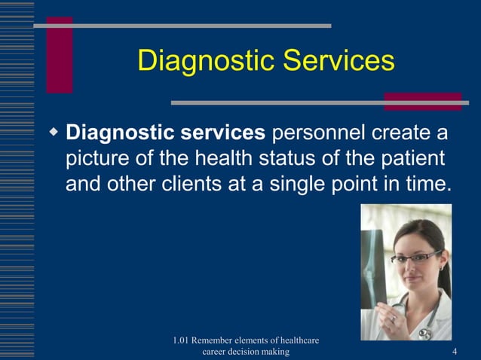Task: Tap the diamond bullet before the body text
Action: click(54, 133)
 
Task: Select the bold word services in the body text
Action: click(223, 133)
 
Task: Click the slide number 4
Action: click(455, 352)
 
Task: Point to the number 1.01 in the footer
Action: click(182, 340)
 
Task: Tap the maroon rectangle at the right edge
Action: click(422, 102)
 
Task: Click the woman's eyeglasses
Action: click(415, 257)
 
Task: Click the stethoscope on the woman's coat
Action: click(422, 328)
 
